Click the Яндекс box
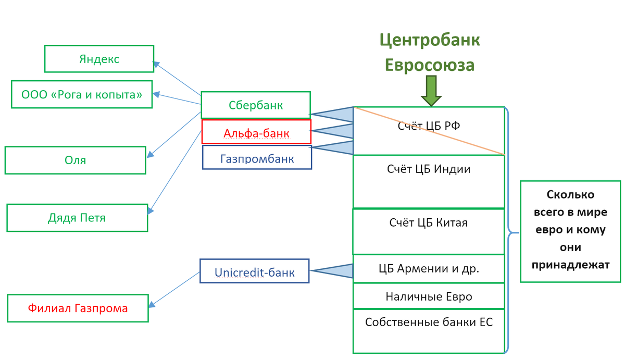click(99, 59)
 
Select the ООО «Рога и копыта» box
click(82, 94)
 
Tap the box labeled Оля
click(76, 160)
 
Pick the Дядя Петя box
click(78, 217)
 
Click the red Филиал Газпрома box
click(78, 308)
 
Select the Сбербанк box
click(256, 105)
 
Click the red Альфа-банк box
click(256, 133)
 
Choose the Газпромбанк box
click(257, 158)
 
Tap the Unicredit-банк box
click(255, 271)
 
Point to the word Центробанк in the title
click(429, 40)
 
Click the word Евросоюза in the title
click(429, 65)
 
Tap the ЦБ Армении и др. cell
click(429, 269)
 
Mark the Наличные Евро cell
click(429, 296)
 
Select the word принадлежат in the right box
click(570, 265)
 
